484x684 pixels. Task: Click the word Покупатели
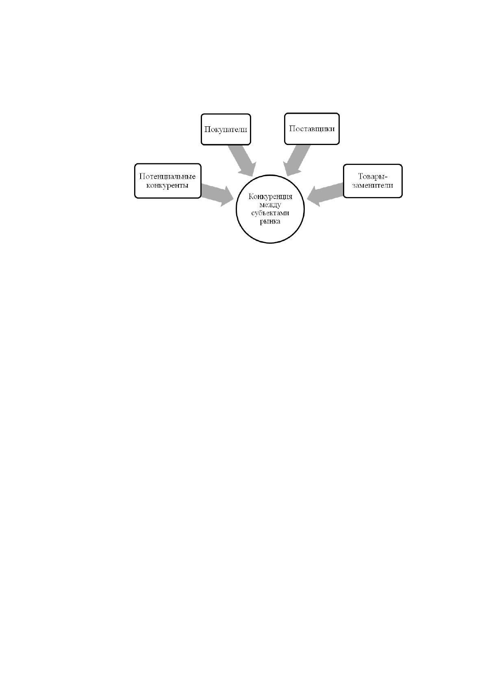(226, 129)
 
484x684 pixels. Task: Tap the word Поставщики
(312, 129)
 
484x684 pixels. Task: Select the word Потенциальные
(167, 176)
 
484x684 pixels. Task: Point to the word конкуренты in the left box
(167, 185)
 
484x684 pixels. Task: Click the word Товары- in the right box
(373, 177)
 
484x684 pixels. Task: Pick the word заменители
(373, 185)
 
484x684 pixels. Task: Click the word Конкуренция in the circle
(270, 196)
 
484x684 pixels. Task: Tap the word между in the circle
(270, 205)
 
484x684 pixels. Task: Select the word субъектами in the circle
(270, 213)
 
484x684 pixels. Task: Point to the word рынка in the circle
(270, 221)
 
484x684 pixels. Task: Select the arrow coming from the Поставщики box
(296, 160)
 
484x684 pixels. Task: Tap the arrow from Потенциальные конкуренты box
(217, 195)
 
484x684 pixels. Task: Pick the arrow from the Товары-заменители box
(325, 195)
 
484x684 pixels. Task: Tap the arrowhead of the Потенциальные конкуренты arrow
(227, 197)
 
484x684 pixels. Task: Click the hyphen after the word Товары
(386, 177)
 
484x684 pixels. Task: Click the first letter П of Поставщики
(292, 128)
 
